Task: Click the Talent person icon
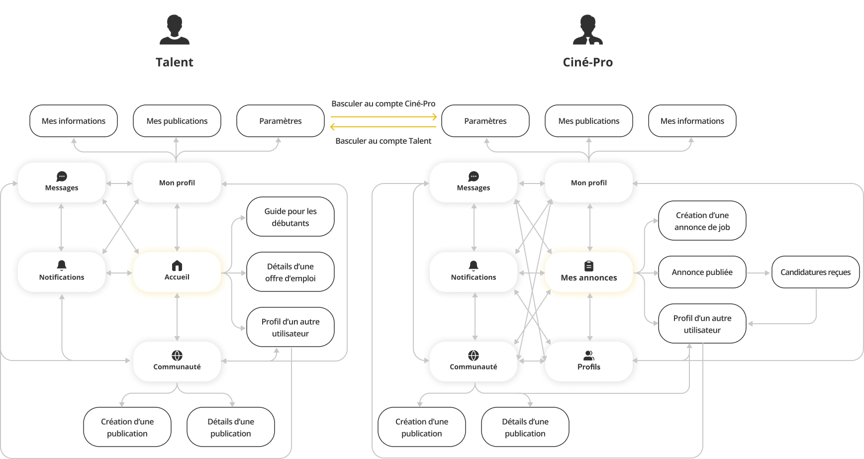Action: tap(175, 29)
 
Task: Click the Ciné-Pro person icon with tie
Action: tap(587, 29)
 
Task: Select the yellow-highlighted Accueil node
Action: tap(177, 272)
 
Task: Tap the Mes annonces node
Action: tap(589, 272)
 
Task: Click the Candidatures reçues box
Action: tap(815, 272)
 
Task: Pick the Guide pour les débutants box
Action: tap(290, 217)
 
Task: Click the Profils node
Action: tap(589, 362)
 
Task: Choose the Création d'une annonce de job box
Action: tap(702, 221)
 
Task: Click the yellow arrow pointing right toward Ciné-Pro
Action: tap(384, 117)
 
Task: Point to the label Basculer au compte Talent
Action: tap(383, 141)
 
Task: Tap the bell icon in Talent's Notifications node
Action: tap(62, 265)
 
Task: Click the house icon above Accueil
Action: tap(177, 266)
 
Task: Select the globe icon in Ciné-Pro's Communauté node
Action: tap(474, 355)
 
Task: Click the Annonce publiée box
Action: tap(702, 272)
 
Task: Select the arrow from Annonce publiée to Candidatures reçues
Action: tap(759, 273)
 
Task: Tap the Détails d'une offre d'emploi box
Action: tap(290, 272)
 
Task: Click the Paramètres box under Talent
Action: tap(281, 121)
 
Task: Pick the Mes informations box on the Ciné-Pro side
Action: tap(692, 121)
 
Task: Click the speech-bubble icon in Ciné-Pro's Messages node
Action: tap(474, 177)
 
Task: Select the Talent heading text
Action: tap(175, 62)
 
